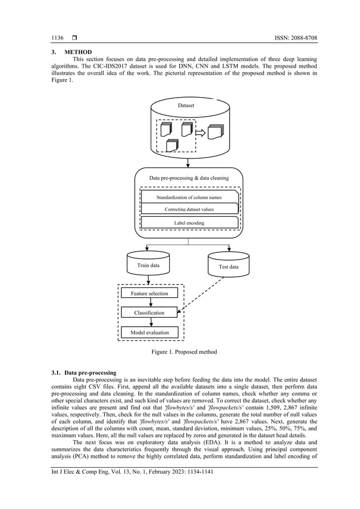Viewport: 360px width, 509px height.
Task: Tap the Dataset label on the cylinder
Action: (188, 106)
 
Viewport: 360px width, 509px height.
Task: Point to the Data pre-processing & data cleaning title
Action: (188, 178)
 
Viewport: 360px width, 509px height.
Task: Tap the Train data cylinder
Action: (148, 264)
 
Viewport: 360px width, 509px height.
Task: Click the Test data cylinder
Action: (228, 266)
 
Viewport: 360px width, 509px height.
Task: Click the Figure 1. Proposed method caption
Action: (183, 352)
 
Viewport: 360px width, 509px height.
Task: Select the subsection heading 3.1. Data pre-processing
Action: (84, 373)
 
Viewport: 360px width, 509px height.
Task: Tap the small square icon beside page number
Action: (74, 38)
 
